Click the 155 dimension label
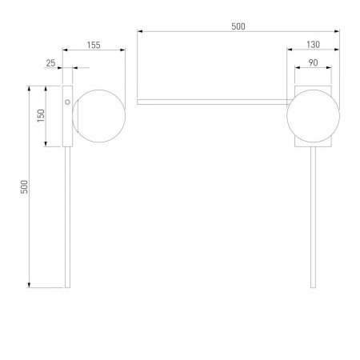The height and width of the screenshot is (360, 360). click(x=94, y=45)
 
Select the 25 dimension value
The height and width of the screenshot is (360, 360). click(x=50, y=63)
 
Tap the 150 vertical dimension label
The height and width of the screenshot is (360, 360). click(x=41, y=116)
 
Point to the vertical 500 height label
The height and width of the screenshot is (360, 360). click(x=24, y=187)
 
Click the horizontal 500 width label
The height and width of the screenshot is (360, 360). click(x=238, y=26)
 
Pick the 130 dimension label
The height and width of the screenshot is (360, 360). click(x=313, y=45)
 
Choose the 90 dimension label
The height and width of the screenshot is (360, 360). click(x=313, y=62)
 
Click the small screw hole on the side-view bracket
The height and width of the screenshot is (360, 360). click(x=67, y=102)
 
